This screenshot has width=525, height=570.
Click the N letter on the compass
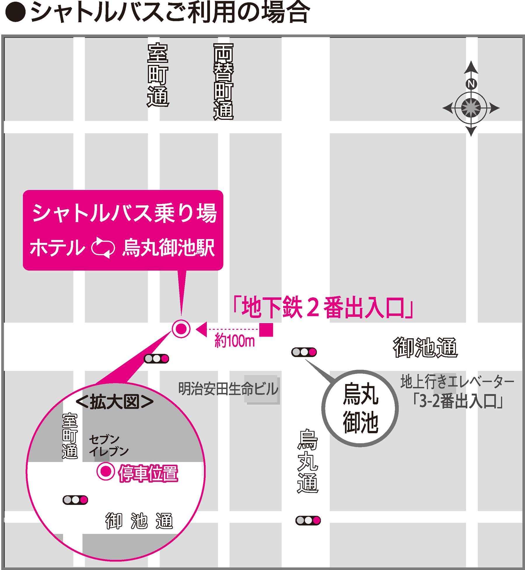point(471,84)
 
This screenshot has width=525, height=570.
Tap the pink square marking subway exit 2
point(266,330)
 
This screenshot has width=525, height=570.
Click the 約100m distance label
point(235,341)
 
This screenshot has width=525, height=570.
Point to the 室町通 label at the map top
point(158,75)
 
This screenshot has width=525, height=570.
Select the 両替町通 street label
point(223,82)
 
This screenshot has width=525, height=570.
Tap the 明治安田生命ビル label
point(228,389)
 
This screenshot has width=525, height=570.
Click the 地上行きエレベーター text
point(457,382)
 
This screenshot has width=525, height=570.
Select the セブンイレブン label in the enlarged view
point(108,445)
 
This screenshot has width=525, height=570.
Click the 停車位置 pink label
point(148,473)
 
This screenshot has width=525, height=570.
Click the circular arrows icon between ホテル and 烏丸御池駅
point(103,248)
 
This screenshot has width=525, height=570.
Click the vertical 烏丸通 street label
point(308,461)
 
